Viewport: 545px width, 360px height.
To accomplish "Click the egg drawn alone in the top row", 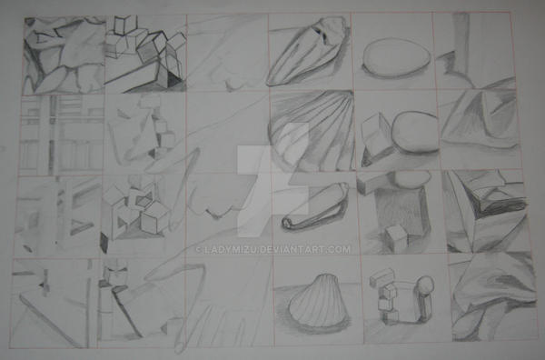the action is tap(396, 56).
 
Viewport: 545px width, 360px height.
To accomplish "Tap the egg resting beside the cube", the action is tap(415, 132).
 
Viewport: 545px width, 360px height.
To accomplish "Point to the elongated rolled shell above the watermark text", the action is tap(315, 207).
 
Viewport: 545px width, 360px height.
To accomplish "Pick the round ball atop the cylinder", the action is tap(426, 285).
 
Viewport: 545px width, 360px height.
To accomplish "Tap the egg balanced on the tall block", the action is tap(411, 178).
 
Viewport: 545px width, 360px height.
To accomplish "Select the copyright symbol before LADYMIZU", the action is tap(199, 250).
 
